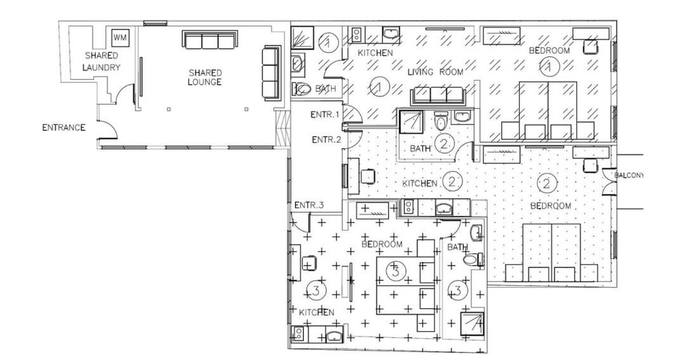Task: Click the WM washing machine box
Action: (x=120, y=37)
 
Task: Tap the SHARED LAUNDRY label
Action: (x=101, y=61)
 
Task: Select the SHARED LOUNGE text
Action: (x=205, y=77)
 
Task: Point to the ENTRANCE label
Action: (x=64, y=128)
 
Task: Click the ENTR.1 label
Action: (x=325, y=115)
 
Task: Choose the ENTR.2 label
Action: (x=327, y=139)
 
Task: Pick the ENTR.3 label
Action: (x=309, y=205)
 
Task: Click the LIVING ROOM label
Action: (x=435, y=72)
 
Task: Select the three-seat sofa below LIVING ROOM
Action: (x=438, y=96)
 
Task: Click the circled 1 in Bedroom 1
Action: (x=547, y=67)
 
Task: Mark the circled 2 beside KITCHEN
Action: (x=452, y=181)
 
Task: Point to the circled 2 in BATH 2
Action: (x=444, y=144)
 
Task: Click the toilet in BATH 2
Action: (x=441, y=120)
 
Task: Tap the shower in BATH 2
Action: (x=411, y=121)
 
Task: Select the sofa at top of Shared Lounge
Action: (x=210, y=40)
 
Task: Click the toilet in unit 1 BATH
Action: (x=302, y=89)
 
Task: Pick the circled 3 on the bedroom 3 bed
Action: (x=396, y=271)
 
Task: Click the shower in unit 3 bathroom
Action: (x=473, y=323)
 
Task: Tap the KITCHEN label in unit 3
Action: (x=316, y=312)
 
